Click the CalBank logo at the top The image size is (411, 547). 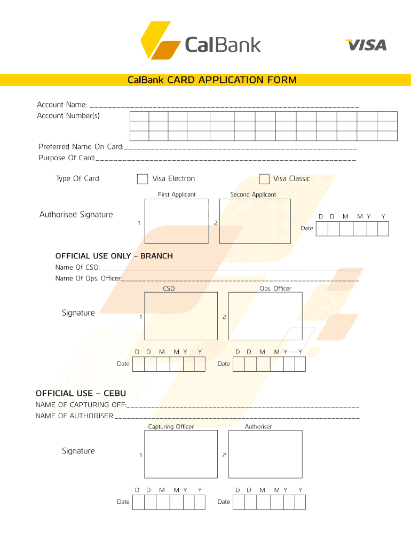[200, 41]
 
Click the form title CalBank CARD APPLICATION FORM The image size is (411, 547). [212, 80]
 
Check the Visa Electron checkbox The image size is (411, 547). [143, 179]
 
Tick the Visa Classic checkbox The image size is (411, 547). [264, 179]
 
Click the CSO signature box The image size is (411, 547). [181, 316]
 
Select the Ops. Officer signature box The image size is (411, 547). [265, 316]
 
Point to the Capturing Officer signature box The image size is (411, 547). [181, 454]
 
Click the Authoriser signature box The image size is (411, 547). [265, 454]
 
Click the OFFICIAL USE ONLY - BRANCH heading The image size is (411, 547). [114, 256]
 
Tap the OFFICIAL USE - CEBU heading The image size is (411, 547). [81, 394]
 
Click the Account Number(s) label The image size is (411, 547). [68, 116]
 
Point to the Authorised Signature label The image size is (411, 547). [76, 215]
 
